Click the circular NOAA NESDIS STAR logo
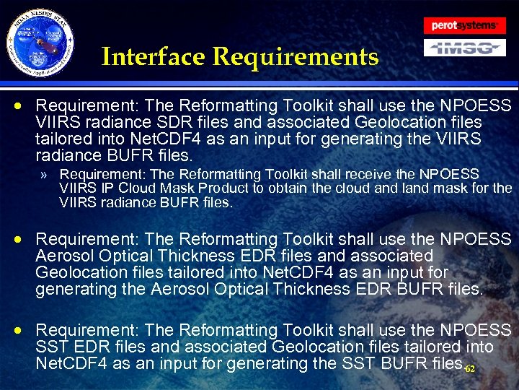click(41, 43)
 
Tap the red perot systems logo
click(463, 25)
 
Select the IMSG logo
click(463, 48)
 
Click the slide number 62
click(470, 369)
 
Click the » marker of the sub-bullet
click(45, 175)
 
